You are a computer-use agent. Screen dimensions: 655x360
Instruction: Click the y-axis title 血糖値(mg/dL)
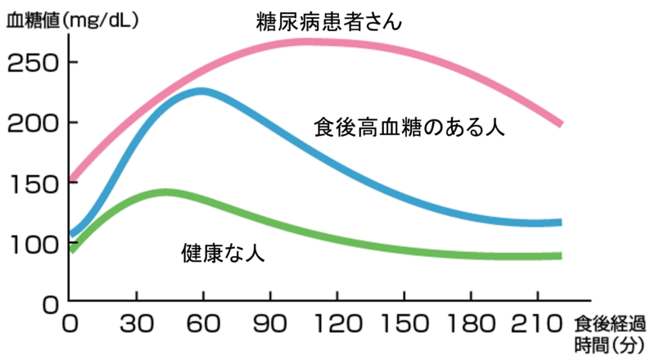[x=72, y=20]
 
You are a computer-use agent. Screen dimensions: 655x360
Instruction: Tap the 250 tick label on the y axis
[x=34, y=64]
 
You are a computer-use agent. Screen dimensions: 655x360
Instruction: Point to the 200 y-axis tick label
[x=34, y=124]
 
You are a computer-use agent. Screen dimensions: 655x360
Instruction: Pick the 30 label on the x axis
[x=137, y=324]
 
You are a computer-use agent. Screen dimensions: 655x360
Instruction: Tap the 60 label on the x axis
[x=203, y=324]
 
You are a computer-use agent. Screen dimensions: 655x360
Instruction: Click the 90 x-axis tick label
[x=270, y=324]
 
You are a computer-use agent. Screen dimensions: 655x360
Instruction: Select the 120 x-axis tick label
[x=337, y=324]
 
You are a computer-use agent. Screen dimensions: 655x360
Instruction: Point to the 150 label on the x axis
[x=404, y=324]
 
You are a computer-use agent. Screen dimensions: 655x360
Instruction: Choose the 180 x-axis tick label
[x=472, y=324]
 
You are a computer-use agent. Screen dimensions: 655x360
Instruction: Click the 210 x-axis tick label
[x=537, y=324]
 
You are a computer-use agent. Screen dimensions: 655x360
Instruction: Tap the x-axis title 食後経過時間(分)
[x=610, y=334]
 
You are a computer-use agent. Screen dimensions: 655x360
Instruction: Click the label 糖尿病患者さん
[x=329, y=21]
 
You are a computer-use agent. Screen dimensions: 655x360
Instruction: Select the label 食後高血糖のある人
[x=409, y=127]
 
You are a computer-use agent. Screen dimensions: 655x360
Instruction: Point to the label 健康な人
[x=223, y=253]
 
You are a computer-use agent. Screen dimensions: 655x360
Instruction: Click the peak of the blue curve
[x=201, y=92]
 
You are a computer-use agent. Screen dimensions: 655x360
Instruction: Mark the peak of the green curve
[x=166, y=192]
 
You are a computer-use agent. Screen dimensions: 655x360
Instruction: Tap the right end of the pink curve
[x=562, y=124]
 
